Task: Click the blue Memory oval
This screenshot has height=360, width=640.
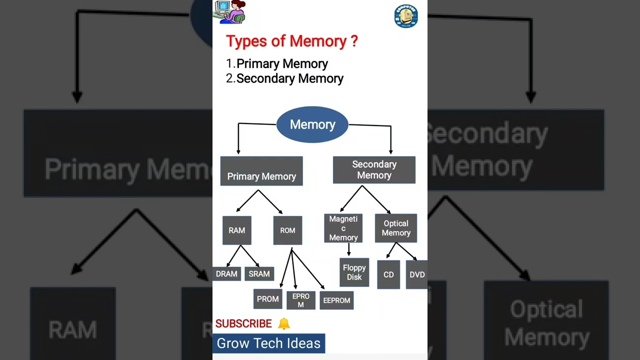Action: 312,124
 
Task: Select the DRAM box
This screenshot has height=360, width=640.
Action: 226,273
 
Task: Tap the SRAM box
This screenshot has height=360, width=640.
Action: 259,273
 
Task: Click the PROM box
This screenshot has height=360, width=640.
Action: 267,299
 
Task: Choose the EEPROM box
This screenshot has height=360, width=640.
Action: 336,300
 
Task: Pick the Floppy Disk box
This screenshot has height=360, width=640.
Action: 354,272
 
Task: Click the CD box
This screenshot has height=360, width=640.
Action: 388,274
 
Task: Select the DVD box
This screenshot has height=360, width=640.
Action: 416,274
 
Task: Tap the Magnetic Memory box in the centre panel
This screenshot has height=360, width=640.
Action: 343,228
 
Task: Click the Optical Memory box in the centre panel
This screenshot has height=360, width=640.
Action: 396,228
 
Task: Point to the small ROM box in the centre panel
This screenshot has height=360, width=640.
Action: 287,230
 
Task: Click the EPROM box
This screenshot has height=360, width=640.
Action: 300,300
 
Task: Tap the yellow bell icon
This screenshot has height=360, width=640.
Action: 283,323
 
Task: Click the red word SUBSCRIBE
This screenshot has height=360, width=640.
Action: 243,323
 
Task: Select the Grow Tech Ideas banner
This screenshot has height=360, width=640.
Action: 268,343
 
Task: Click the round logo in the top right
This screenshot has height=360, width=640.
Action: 405,16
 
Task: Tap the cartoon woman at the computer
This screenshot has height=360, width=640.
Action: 230,12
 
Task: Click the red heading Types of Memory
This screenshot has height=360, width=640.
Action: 291,41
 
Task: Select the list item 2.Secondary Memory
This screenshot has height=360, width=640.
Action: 284,78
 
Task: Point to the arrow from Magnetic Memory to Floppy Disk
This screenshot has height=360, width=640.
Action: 348,250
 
